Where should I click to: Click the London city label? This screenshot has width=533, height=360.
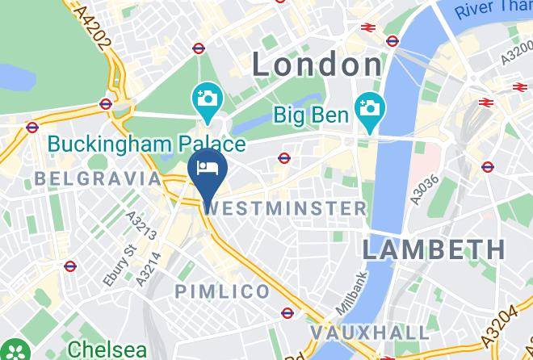coord(317,65)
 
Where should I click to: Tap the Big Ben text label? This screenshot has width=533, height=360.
coord(309,115)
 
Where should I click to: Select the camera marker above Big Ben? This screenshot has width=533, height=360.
coord(371,107)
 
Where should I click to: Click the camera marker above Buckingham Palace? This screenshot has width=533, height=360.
coord(208,99)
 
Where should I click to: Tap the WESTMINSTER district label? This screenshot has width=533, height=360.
coord(287,208)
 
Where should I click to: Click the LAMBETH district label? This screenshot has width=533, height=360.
coord(433,249)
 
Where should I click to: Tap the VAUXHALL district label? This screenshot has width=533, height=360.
coord(370,333)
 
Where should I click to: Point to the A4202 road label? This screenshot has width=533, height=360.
coord(95,29)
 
